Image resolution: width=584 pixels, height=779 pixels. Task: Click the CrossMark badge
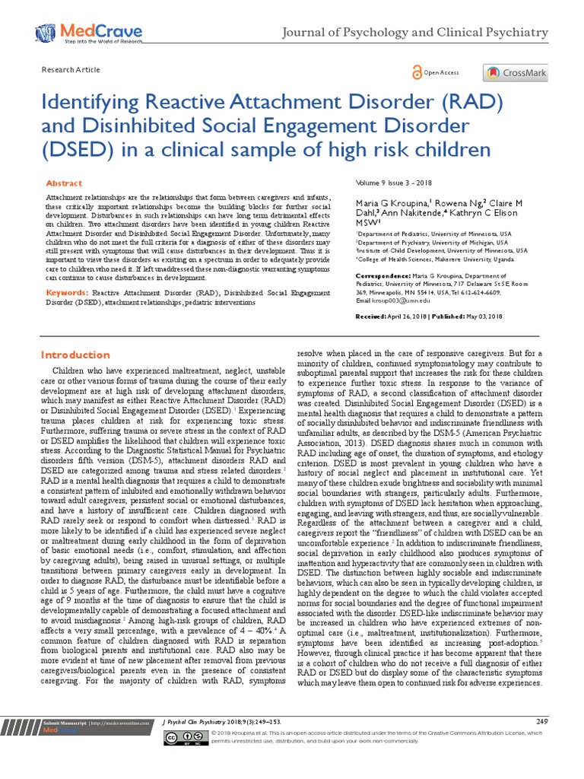tap(515, 73)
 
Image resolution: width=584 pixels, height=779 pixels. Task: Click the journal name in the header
tap(414, 32)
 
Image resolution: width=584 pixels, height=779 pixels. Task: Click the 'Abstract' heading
tap(64, 184)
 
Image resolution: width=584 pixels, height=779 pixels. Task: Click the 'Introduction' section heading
tap(75, 355)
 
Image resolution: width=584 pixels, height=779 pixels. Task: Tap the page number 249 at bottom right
tap(541, 720)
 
